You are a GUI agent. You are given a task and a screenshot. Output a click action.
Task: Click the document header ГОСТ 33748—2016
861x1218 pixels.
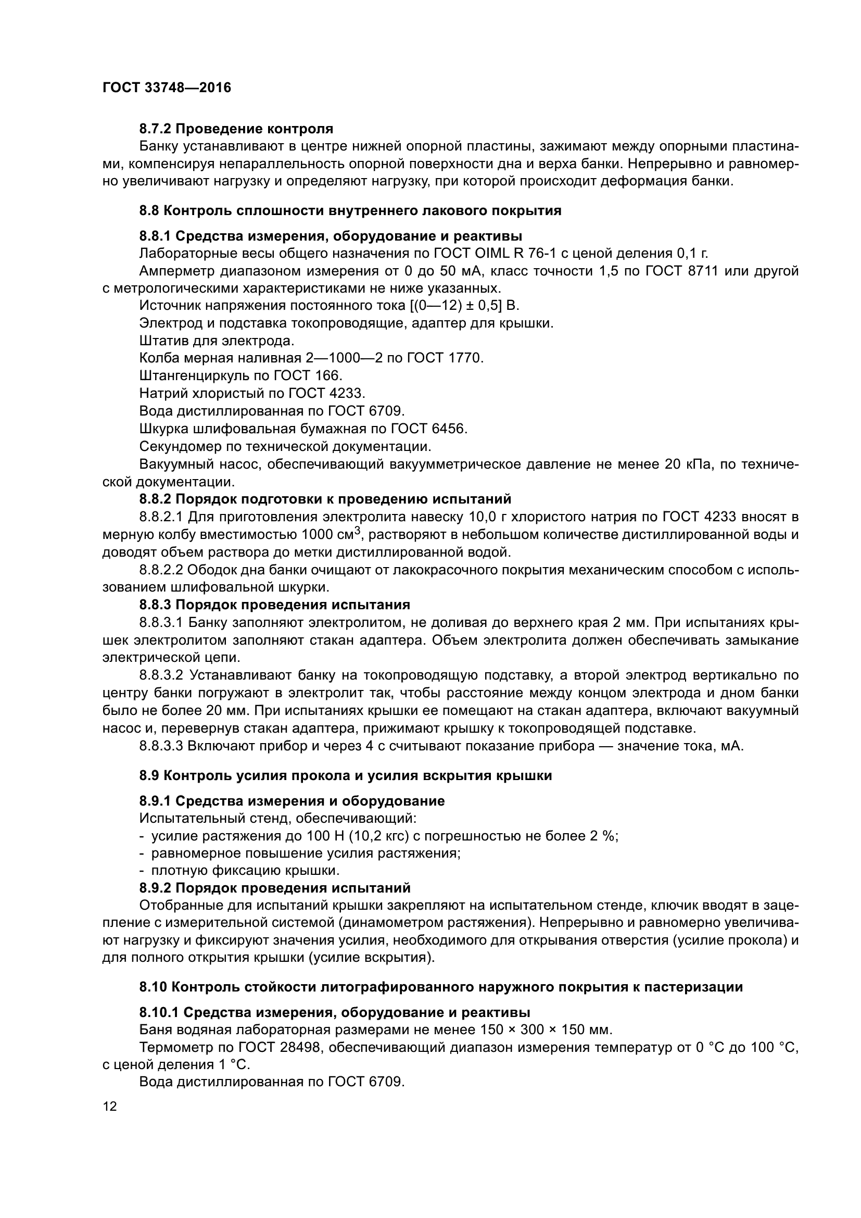(167, 87)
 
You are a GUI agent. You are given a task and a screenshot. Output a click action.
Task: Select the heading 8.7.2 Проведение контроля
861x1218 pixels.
(236, 129)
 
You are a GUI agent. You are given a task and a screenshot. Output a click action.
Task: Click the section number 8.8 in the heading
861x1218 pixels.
(149, 210)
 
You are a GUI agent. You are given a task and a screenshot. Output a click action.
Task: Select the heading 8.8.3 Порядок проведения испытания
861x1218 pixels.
(275, 605)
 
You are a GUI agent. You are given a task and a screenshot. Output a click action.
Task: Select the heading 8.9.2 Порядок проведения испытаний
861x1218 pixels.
(275, 887)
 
